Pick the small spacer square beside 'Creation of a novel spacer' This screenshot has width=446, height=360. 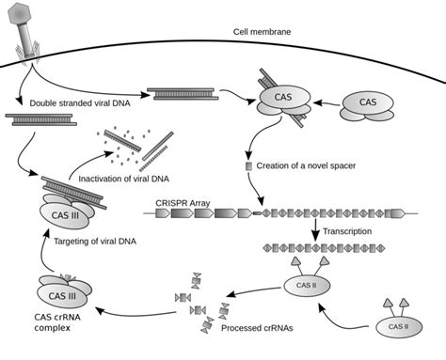click(x=248, y=166)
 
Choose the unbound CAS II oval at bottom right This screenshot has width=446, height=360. click(x=399, y=327)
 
